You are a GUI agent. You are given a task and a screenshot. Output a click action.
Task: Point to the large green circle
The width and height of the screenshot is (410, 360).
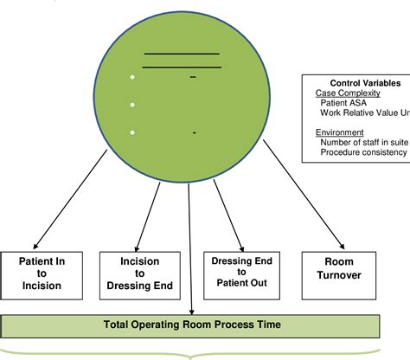click(182, 87)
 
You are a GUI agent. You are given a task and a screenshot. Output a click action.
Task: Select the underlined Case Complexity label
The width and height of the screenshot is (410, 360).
click(343, 92)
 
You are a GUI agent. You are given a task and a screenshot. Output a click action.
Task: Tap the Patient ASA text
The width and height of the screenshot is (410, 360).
click(344, 102)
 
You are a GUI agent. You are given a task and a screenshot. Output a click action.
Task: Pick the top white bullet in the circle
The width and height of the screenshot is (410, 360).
click(132, 78)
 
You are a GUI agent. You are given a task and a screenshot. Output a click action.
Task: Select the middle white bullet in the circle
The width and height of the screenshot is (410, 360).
click(132, 105)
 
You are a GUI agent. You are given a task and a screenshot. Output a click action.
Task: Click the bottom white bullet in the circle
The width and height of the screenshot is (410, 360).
click(132, 132)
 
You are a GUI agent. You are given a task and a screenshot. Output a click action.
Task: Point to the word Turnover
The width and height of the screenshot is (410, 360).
click(337, 277)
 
